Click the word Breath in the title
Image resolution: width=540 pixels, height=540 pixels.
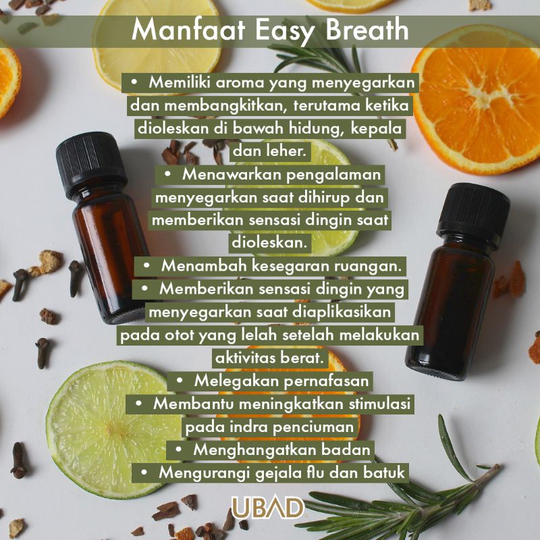pos(367,29)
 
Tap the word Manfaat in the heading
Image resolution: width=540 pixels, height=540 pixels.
pos(188,29)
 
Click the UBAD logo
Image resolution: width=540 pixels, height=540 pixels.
pos(267,508)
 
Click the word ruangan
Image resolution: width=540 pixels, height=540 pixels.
pos(368,267)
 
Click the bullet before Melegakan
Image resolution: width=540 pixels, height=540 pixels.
pos(180,381)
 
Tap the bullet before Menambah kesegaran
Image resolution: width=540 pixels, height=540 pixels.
pos(146,266)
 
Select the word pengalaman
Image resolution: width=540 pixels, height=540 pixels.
pos(333,175)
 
